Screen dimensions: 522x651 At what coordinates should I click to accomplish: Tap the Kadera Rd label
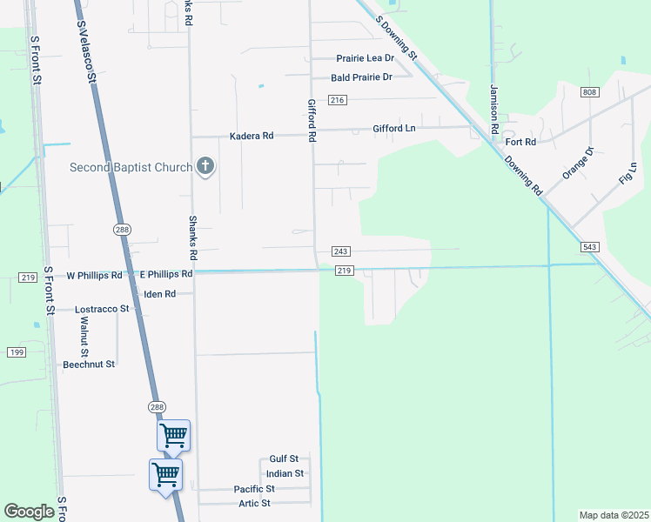[252, 137]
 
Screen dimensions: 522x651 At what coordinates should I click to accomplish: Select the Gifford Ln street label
[394, 129]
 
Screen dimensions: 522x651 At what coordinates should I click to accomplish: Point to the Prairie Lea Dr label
[366, 58]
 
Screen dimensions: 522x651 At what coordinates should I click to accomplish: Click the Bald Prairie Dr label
[362, 77]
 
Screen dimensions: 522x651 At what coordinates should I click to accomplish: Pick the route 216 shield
[339, 101]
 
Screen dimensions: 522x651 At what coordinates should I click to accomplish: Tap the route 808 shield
[590, 92]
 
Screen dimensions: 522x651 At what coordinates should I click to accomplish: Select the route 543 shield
[590, 247]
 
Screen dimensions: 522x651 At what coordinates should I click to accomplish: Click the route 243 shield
[341, 251]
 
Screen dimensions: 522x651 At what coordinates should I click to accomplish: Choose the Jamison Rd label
[493, 109]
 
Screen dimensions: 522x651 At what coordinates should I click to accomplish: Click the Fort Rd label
[520, 141]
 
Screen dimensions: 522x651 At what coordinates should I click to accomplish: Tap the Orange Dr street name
[577, 163]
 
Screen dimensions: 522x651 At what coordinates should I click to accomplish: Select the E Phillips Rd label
[166, 274]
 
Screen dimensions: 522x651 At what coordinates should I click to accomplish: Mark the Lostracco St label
[102, 309]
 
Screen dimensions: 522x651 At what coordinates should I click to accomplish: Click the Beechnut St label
[89, 365]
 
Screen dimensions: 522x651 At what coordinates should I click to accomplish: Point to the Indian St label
[285, 474]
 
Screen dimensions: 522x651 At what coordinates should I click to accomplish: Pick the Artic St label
[254, 504]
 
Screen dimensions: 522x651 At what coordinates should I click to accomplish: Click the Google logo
[29, 512]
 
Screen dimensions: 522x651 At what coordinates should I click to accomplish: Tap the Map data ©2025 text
[614, 515]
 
